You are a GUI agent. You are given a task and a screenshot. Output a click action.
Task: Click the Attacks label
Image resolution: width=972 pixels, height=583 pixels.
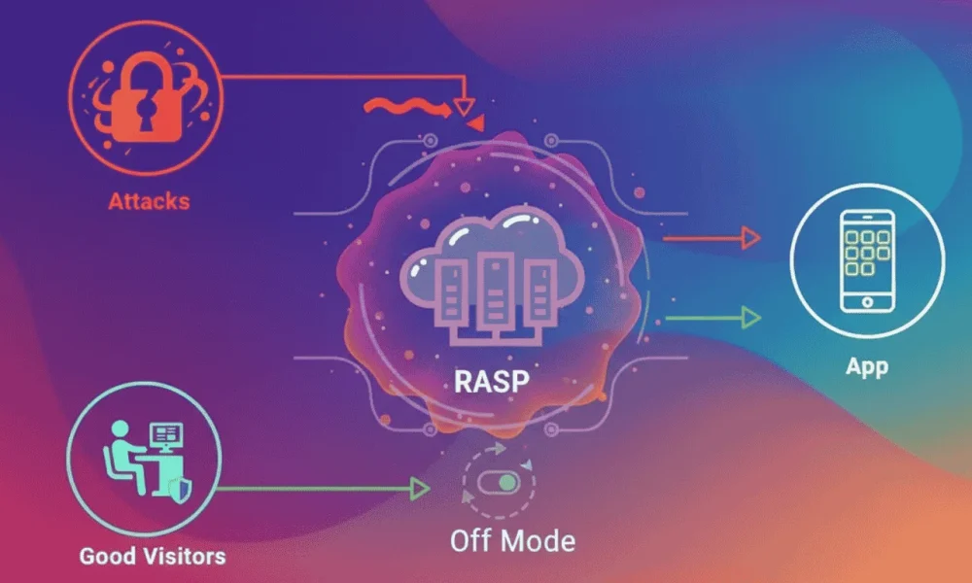[149, 202]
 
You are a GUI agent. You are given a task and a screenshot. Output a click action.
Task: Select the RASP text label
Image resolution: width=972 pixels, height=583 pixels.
[491, 380]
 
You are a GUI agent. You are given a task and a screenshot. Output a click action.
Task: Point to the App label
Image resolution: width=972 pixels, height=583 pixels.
[867, 368]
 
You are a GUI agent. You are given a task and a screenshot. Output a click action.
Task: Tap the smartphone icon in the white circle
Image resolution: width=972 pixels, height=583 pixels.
[867, 259]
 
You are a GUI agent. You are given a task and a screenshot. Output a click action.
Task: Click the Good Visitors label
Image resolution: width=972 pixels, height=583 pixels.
[153, 556]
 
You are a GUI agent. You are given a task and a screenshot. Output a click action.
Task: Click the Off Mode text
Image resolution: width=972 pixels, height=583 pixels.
[512, 539]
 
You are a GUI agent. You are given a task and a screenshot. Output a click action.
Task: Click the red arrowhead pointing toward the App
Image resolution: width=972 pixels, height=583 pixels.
[748, 235]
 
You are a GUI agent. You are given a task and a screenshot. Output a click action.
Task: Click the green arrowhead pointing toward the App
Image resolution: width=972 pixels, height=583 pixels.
[748, 316]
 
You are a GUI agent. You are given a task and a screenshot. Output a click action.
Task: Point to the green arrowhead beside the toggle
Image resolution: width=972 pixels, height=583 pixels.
[420, 489]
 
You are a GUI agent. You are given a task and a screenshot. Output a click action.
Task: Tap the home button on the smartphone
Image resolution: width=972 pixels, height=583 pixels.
[867, 302]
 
